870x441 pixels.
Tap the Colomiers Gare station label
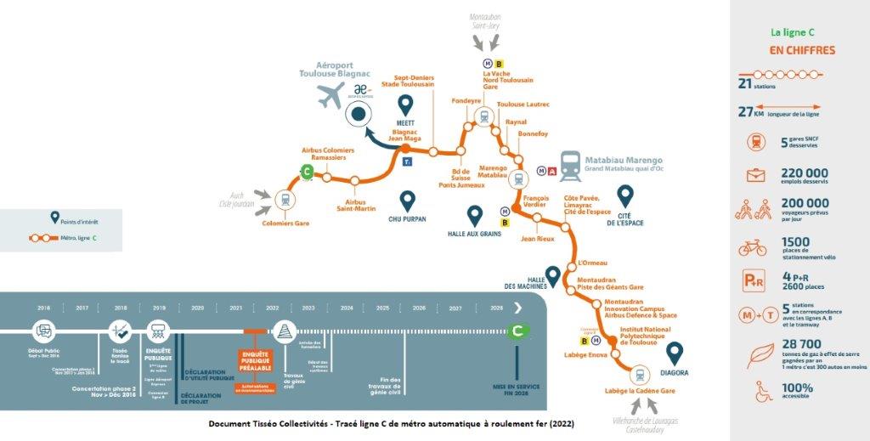coord(285,223)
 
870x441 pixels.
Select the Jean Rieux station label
coord(537,239)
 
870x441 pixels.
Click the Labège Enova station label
coord(582,354)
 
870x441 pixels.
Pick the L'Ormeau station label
coord(592,263)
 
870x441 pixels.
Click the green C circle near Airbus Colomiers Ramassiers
coord(308,172)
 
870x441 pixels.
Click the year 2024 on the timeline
coord(346,308)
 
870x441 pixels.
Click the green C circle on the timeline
coord(515,331)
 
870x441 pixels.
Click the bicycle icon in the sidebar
coord(753,248)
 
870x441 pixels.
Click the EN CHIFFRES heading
coord(801,50)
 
